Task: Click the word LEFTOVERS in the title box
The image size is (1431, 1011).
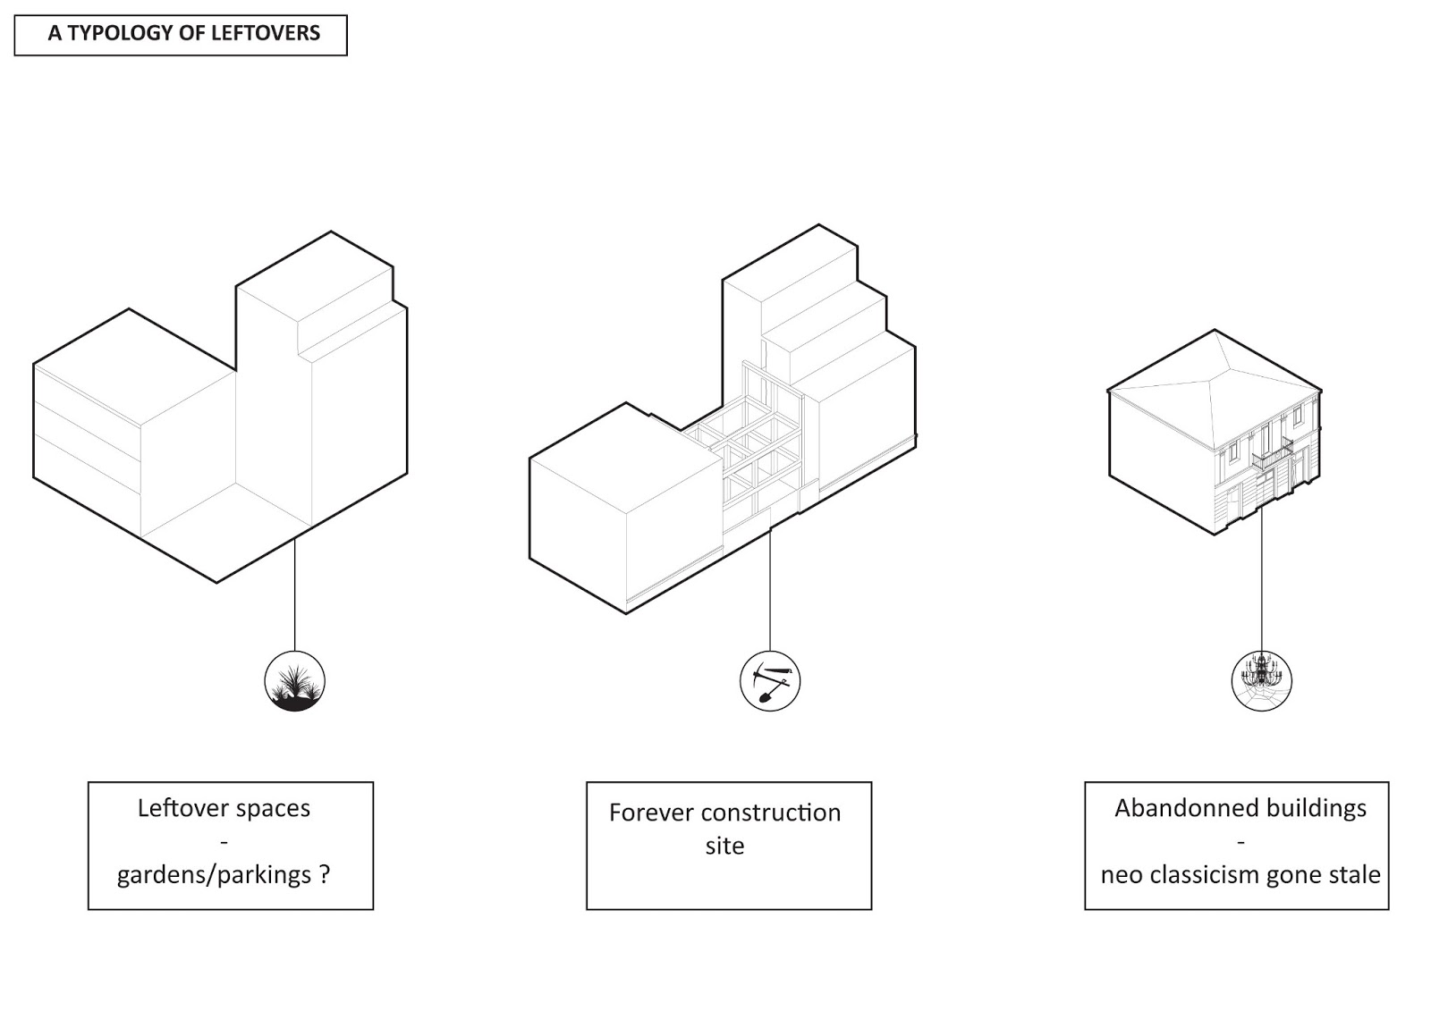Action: pos(266,34)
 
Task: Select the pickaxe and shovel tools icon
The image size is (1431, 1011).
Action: pos(770,682)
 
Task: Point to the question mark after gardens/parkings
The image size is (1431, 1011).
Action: pos(325,874)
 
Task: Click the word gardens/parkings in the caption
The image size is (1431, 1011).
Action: pos(214,874)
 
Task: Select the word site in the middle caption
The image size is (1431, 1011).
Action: pos(724,846)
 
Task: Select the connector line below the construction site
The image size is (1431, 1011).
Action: pos(770,590)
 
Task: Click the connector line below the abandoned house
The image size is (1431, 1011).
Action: pos(1262,581)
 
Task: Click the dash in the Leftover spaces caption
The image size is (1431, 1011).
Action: pos(224,842)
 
